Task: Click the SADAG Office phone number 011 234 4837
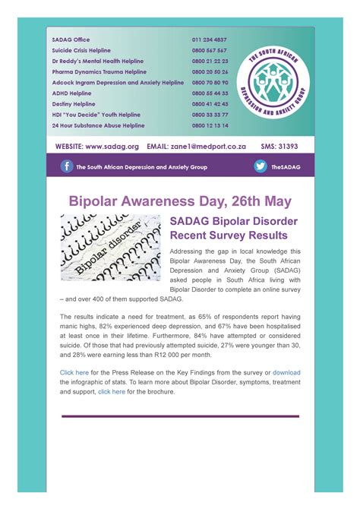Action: tap(210, 40)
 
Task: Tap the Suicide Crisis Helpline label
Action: tap(81, 50)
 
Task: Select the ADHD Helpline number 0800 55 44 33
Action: tap(210, 93)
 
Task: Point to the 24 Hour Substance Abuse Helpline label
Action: tap(98, 125)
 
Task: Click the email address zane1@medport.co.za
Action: tap(217, 146)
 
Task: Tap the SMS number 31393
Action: tap(289, 146)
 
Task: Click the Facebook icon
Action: tap(68, 166)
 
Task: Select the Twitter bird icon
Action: tap(261, 166)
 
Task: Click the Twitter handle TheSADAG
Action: tap(286, 167)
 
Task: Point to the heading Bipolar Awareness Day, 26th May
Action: tap(179, 201)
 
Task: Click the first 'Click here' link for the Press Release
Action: tap(74, 373)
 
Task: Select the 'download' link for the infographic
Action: tap(286, 373)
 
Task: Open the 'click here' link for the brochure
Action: tap(111, 391)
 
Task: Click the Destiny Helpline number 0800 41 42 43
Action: tap(210, 104)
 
